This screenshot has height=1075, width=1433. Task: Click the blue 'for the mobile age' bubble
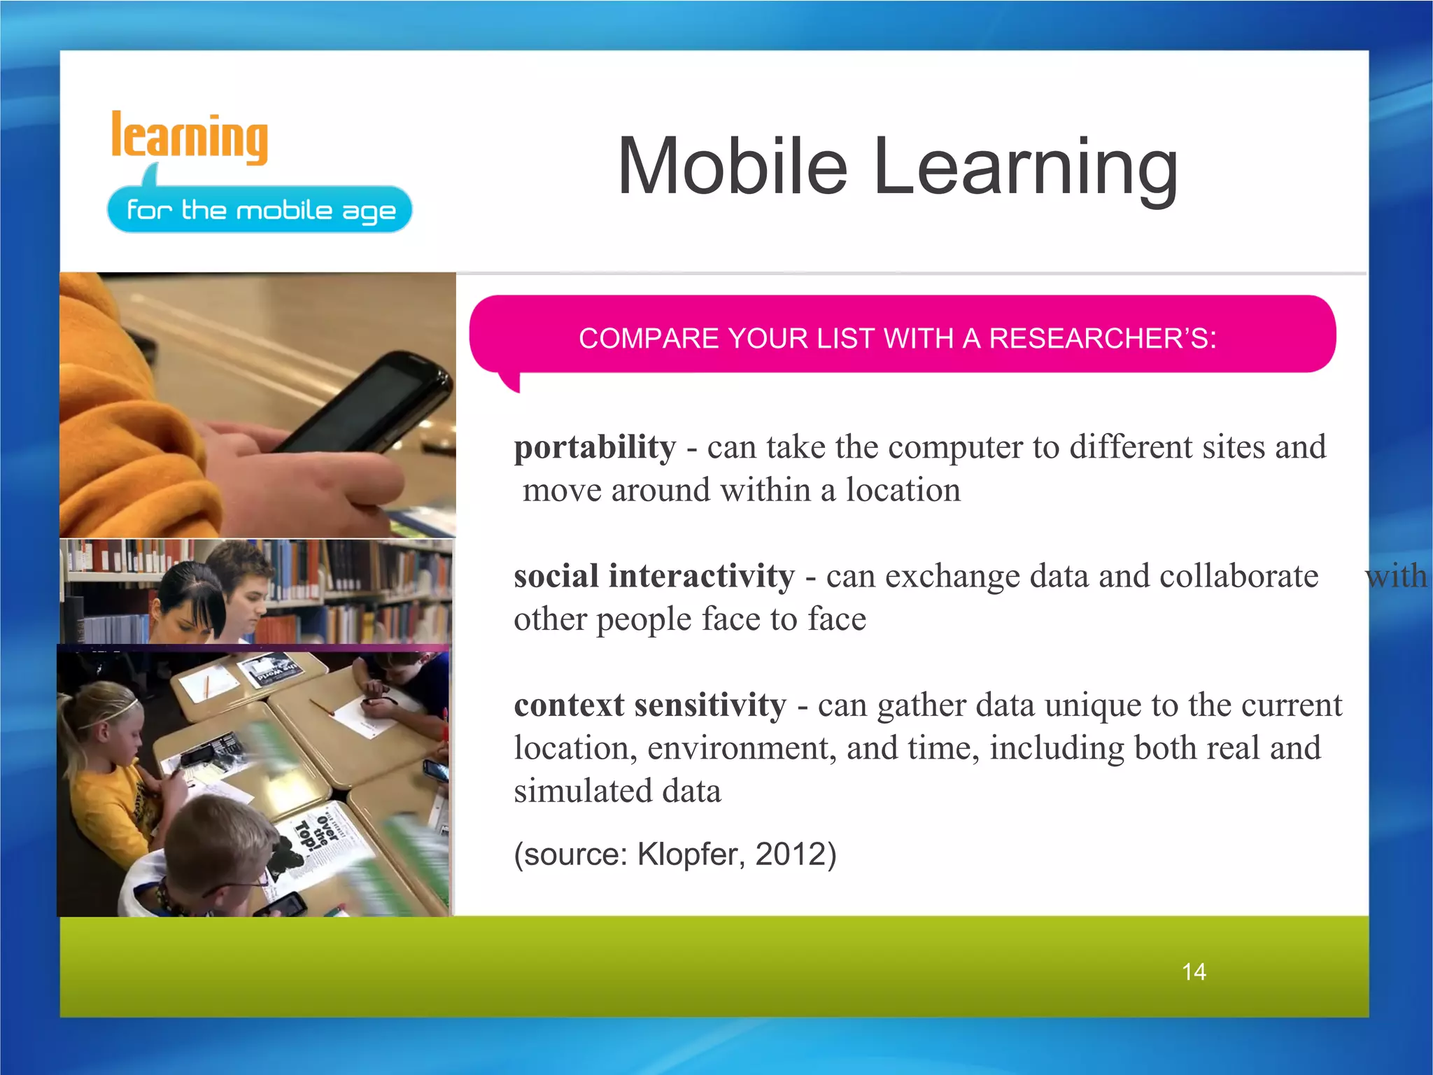tap(260, 209)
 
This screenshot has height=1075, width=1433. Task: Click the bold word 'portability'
tap(595, 447)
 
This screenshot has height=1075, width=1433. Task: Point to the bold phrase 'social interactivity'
tap(654, 576)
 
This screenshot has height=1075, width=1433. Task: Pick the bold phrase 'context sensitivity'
tap(650, 705)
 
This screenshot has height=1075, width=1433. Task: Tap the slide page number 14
tap(1193, 971)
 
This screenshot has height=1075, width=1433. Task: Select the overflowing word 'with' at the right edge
tap(1395, 576)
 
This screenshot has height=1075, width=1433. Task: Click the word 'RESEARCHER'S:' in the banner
tap(1102, 339)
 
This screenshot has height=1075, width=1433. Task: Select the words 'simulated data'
tap(617, 791)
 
